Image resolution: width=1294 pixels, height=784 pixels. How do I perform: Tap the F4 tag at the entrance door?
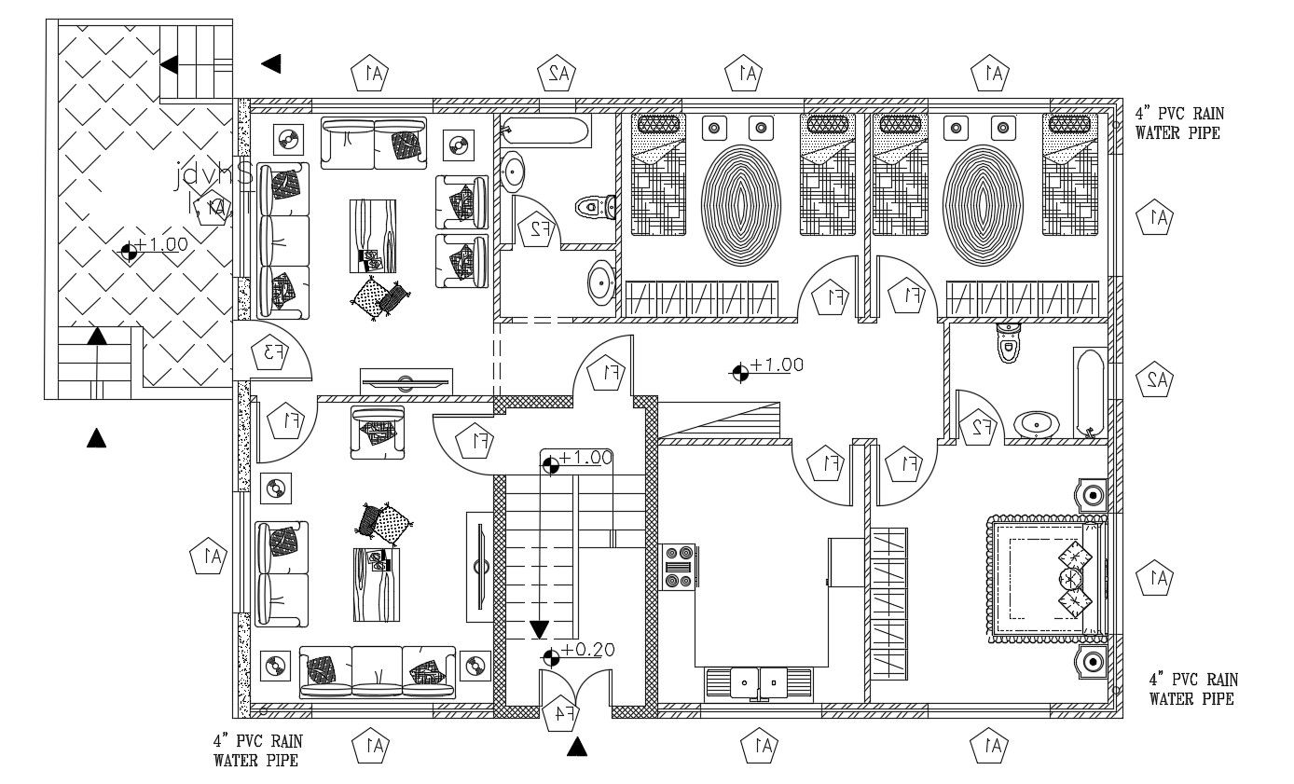point(565,715)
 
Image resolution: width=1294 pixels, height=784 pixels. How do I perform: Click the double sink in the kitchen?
point(759,683)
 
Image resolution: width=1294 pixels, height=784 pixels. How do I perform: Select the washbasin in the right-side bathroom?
point(1035,425)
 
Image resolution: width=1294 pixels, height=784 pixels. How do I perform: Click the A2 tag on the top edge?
point(559,72)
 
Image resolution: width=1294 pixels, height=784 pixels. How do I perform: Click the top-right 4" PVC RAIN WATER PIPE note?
point(1178,122)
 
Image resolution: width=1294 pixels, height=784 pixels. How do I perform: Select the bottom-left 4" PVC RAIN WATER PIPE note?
point(257,750)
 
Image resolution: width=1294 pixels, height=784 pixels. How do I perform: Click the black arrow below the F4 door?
point(578,746)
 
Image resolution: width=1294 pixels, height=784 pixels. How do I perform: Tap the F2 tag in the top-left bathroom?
point(539,228)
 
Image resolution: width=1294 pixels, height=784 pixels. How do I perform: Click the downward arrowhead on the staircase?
point(539,629)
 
